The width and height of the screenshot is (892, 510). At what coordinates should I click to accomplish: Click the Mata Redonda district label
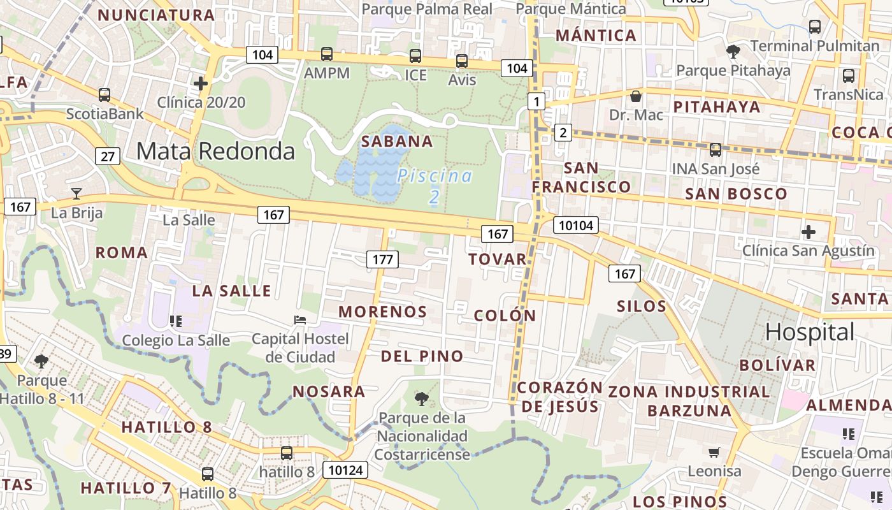pyautogui.click(x=215, y=151)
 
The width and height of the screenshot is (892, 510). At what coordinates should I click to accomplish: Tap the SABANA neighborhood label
pyautogui.click(x=397, y=142)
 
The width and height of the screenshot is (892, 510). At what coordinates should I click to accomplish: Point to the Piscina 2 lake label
pyautogui.click(x=435, y=186)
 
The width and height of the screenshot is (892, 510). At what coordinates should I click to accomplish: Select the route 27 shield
pyautogui.click(x=108, y=156)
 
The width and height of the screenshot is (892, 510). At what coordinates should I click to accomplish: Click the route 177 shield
pyautogui.click(x=382, y=259)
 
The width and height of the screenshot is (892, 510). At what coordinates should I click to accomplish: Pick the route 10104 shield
pyautogui.click(x=575, y=224)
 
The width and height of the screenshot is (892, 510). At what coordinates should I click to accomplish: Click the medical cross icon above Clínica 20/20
pyautogui.click(x=201, y=84)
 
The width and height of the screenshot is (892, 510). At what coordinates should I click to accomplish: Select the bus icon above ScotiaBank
pyautogui.click(x=104, y=95)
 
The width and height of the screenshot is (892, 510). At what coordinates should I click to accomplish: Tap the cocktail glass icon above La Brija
pyautogui.click(x=76, y=193)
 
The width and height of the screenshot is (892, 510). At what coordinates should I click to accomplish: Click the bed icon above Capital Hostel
pyautogui.click(x=300, y=319)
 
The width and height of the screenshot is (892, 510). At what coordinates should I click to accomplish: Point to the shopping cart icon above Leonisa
pyautogui.click(x=714, y=452)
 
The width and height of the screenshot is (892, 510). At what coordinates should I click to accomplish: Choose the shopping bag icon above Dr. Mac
pyautogui.click(x=635, y=96)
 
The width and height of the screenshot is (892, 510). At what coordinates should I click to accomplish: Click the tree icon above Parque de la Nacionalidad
pyautogui.click(x=421, y=399)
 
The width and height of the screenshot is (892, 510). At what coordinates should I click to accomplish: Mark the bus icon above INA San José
pyautogui.click(x=716, y=150)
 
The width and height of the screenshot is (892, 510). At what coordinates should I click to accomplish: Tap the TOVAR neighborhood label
pyautogui.click(x=498, y=259)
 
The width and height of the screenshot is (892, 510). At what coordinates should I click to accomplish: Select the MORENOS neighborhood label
pyautogui.click(x=382, y=312)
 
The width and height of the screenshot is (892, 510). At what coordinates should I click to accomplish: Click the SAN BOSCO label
pyautogui.click(x=736, y=194)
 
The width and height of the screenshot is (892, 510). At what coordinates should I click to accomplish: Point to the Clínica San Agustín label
pyautogui.click(x=809, y=251)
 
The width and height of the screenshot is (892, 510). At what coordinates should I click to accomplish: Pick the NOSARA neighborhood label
pyautogui.click(x=329, y=391)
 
